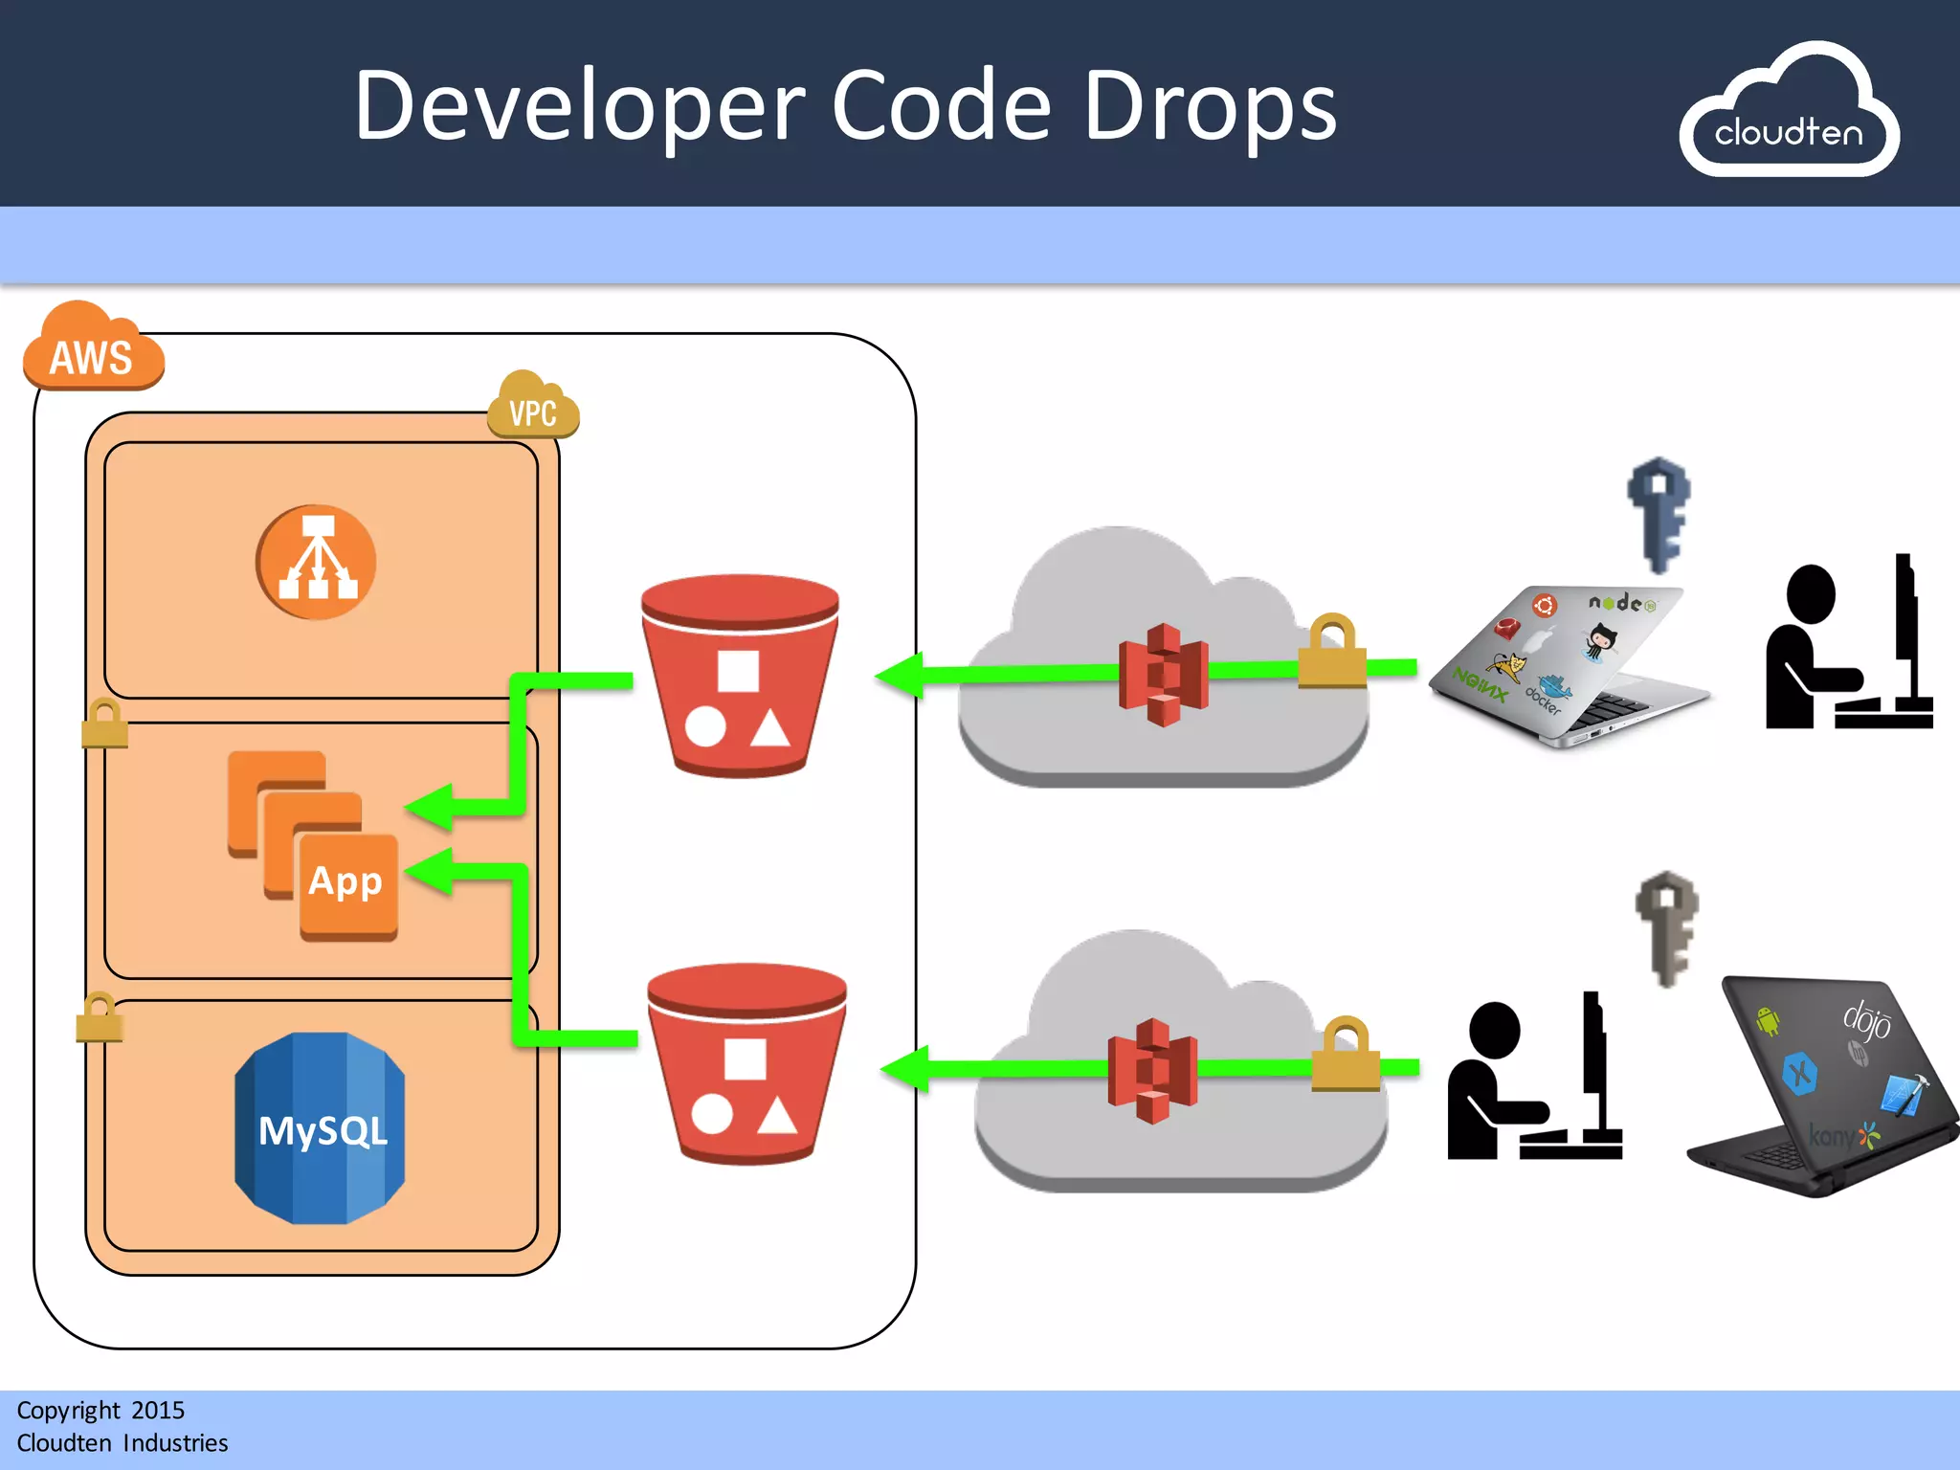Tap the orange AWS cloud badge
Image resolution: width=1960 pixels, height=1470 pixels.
92,349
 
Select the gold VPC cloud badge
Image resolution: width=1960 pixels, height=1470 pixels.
533,408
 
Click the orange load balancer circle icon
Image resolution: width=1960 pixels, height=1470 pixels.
316,562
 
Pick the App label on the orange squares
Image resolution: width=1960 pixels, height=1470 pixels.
345,881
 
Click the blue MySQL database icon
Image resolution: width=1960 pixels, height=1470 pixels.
321,1128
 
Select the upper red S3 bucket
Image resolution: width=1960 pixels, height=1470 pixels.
740,675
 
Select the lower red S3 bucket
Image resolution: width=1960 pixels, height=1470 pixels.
746,1062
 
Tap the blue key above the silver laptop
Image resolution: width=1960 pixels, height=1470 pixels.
1659,515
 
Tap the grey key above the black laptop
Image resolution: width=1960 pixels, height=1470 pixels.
1666,926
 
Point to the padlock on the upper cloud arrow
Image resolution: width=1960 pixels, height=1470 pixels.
1331,653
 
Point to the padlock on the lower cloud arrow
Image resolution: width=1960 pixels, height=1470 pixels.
1345,1055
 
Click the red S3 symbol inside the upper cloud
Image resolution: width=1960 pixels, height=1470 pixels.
1163,675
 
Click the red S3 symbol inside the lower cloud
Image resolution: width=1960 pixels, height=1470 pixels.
1152,1070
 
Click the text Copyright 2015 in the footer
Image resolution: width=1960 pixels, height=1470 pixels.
100,1410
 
